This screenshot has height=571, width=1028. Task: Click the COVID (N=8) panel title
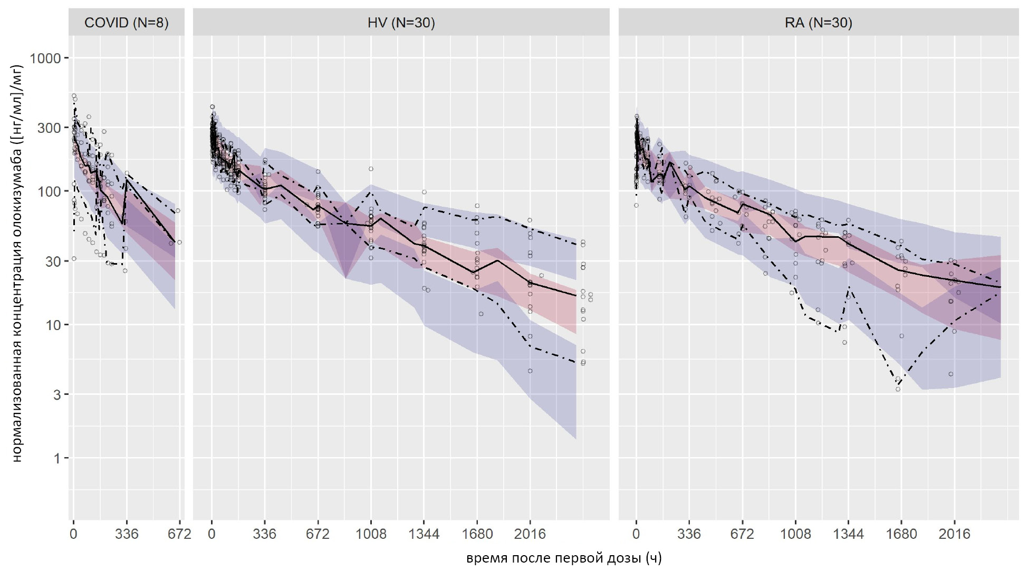click(x=127, y=23)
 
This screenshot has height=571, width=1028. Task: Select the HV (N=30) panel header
click(x=401, y=23)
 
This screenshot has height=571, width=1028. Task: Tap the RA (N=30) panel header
click(x=818, y=23)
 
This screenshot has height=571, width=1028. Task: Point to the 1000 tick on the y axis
click(x=45, y=58)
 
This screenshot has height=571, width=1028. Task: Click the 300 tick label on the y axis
click(x=49, y=128)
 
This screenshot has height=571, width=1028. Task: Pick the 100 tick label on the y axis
click(x=49, y=191)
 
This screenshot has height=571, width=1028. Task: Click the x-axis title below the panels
click(x=563, y=558)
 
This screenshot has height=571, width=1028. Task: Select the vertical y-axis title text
click(x=17, y=264)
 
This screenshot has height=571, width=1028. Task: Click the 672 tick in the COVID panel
click(x=179, y=534)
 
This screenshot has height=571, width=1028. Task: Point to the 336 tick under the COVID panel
click(x=127, y=534)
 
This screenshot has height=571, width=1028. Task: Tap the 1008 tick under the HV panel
click(x=371, y=534)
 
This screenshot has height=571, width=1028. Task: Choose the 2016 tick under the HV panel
click(x=530, y=534)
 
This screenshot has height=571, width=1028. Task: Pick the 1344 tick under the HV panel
click(x=424, y=534)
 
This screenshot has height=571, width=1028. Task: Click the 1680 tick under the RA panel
click(x=901, y=534)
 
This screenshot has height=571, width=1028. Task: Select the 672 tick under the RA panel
click(x=742, y=534)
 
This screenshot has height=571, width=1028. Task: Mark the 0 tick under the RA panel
click(x=636, y=534)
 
